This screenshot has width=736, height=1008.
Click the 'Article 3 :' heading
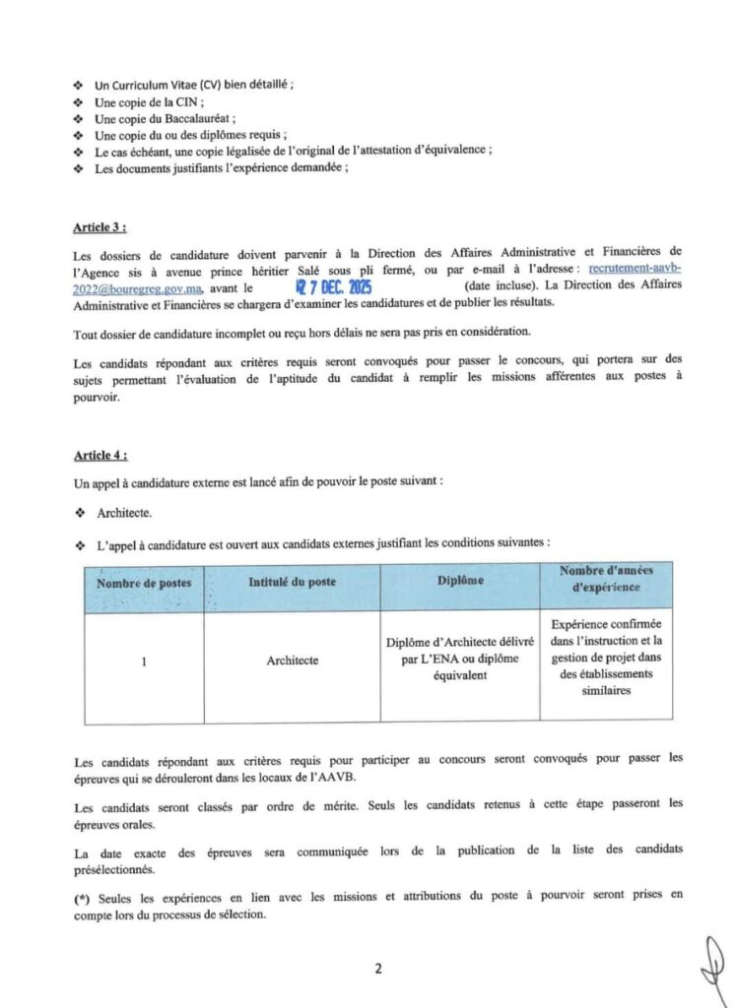100,227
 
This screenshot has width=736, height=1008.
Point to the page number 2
377,969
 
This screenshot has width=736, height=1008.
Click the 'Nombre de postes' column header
144,582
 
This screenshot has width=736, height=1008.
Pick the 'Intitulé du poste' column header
292,581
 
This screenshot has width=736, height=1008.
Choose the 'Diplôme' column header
460,581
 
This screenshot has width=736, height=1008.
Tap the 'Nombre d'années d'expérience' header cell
606,579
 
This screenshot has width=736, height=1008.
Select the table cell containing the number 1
144,661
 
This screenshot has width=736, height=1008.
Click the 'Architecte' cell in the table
292,661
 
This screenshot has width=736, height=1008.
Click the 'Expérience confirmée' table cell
606,657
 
